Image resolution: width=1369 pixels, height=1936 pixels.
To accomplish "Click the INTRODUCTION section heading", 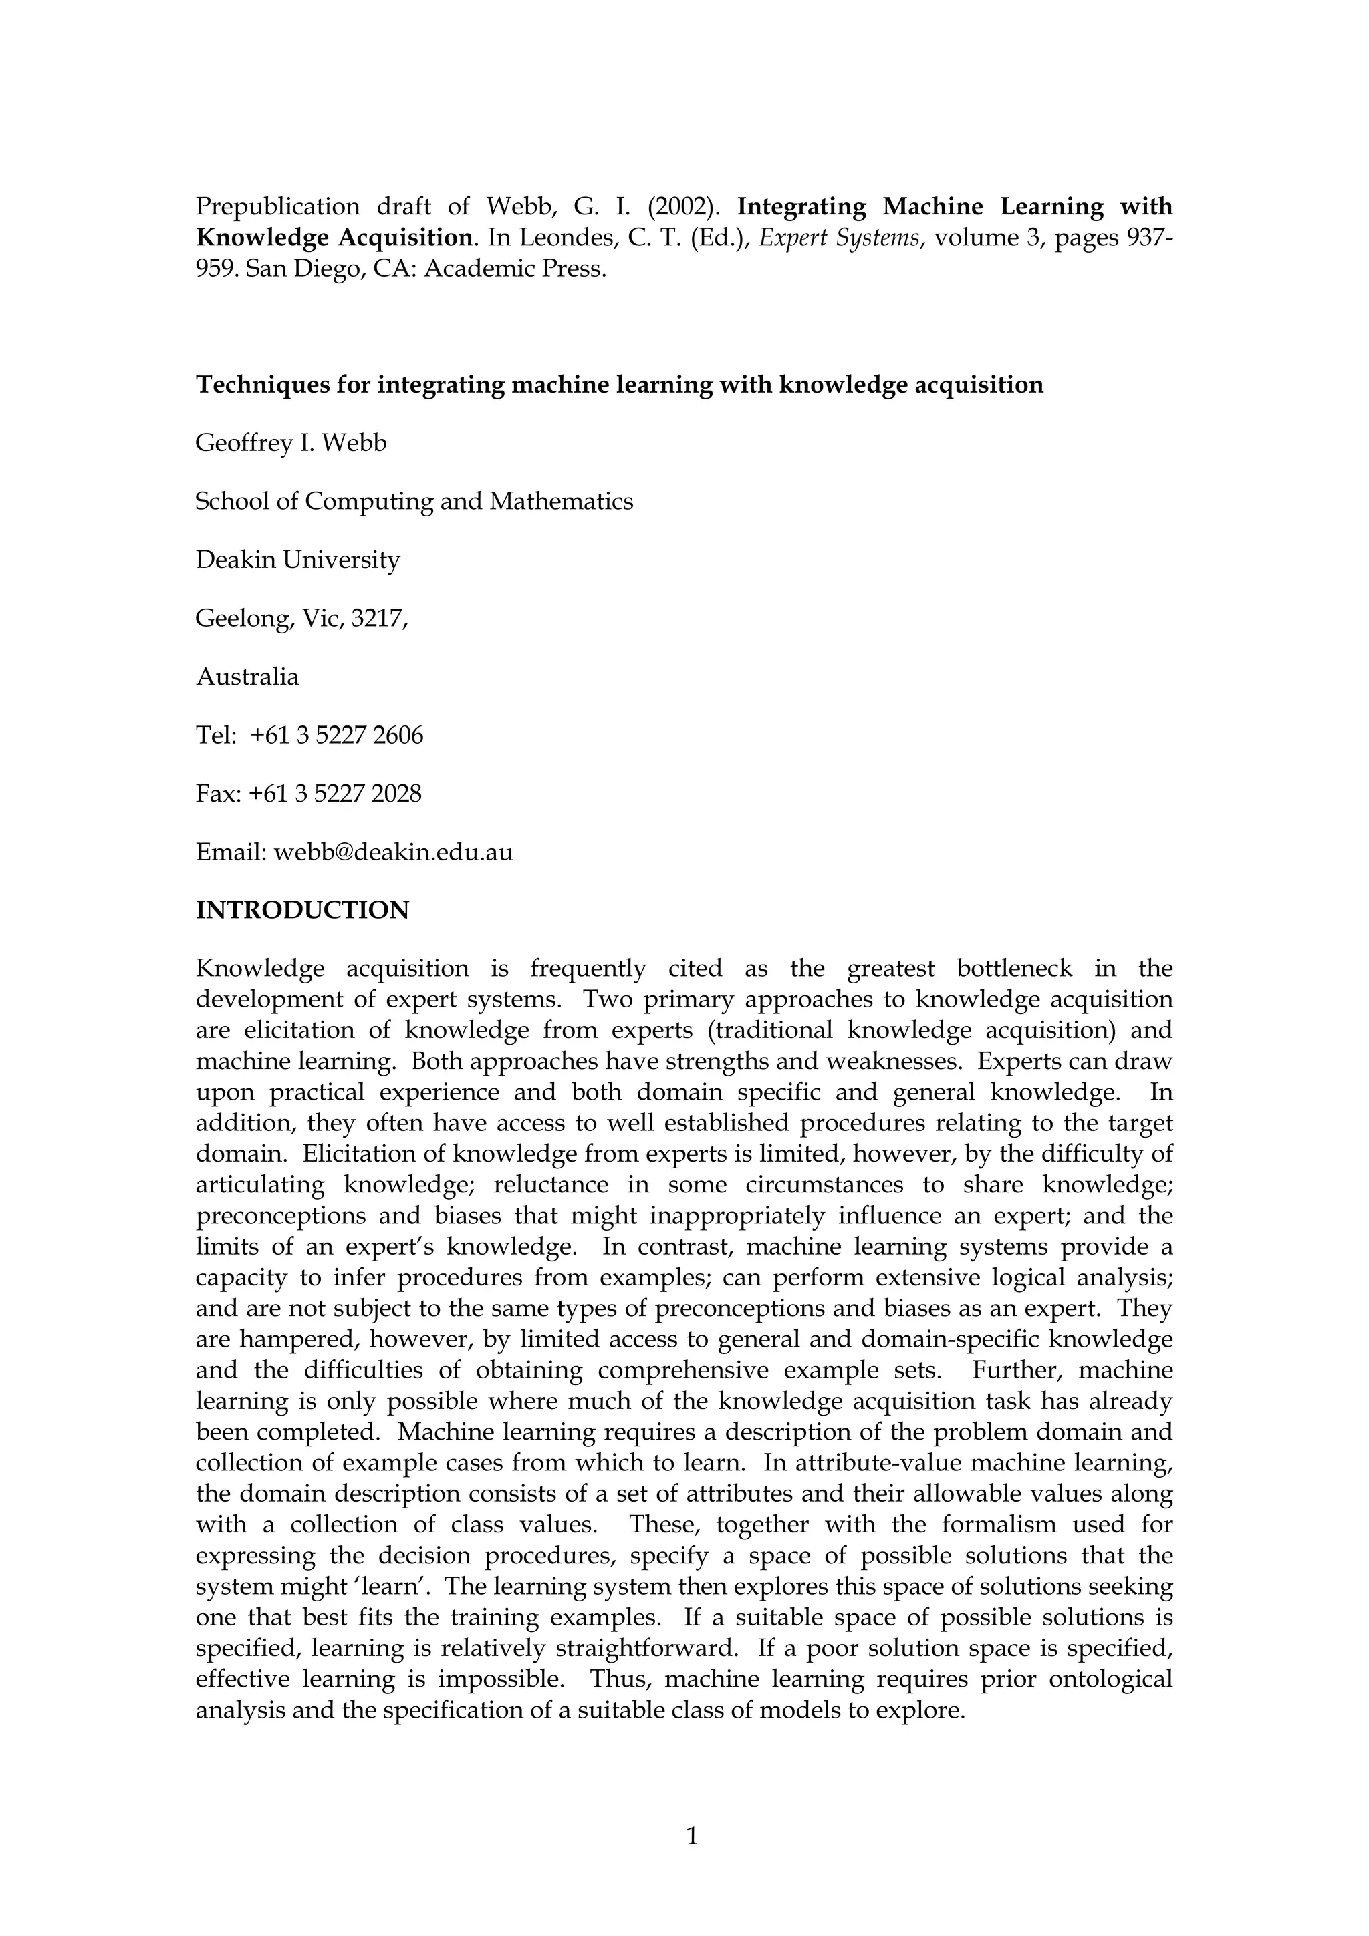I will coord(302,911).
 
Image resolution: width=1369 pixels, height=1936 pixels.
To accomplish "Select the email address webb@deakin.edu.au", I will coord(393,852).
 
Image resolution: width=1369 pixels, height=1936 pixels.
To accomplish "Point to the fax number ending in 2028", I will coord(335,794).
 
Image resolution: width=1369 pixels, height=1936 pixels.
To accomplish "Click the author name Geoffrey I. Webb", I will coord(291,443).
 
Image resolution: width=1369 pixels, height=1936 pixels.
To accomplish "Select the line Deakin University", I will coord(297,560).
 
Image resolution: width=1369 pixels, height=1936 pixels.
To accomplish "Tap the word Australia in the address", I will coord(247,677).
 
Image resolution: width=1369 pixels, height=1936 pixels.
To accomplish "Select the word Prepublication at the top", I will coord(278,207).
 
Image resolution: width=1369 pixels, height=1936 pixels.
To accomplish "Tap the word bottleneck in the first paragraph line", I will coord(1014,969).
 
